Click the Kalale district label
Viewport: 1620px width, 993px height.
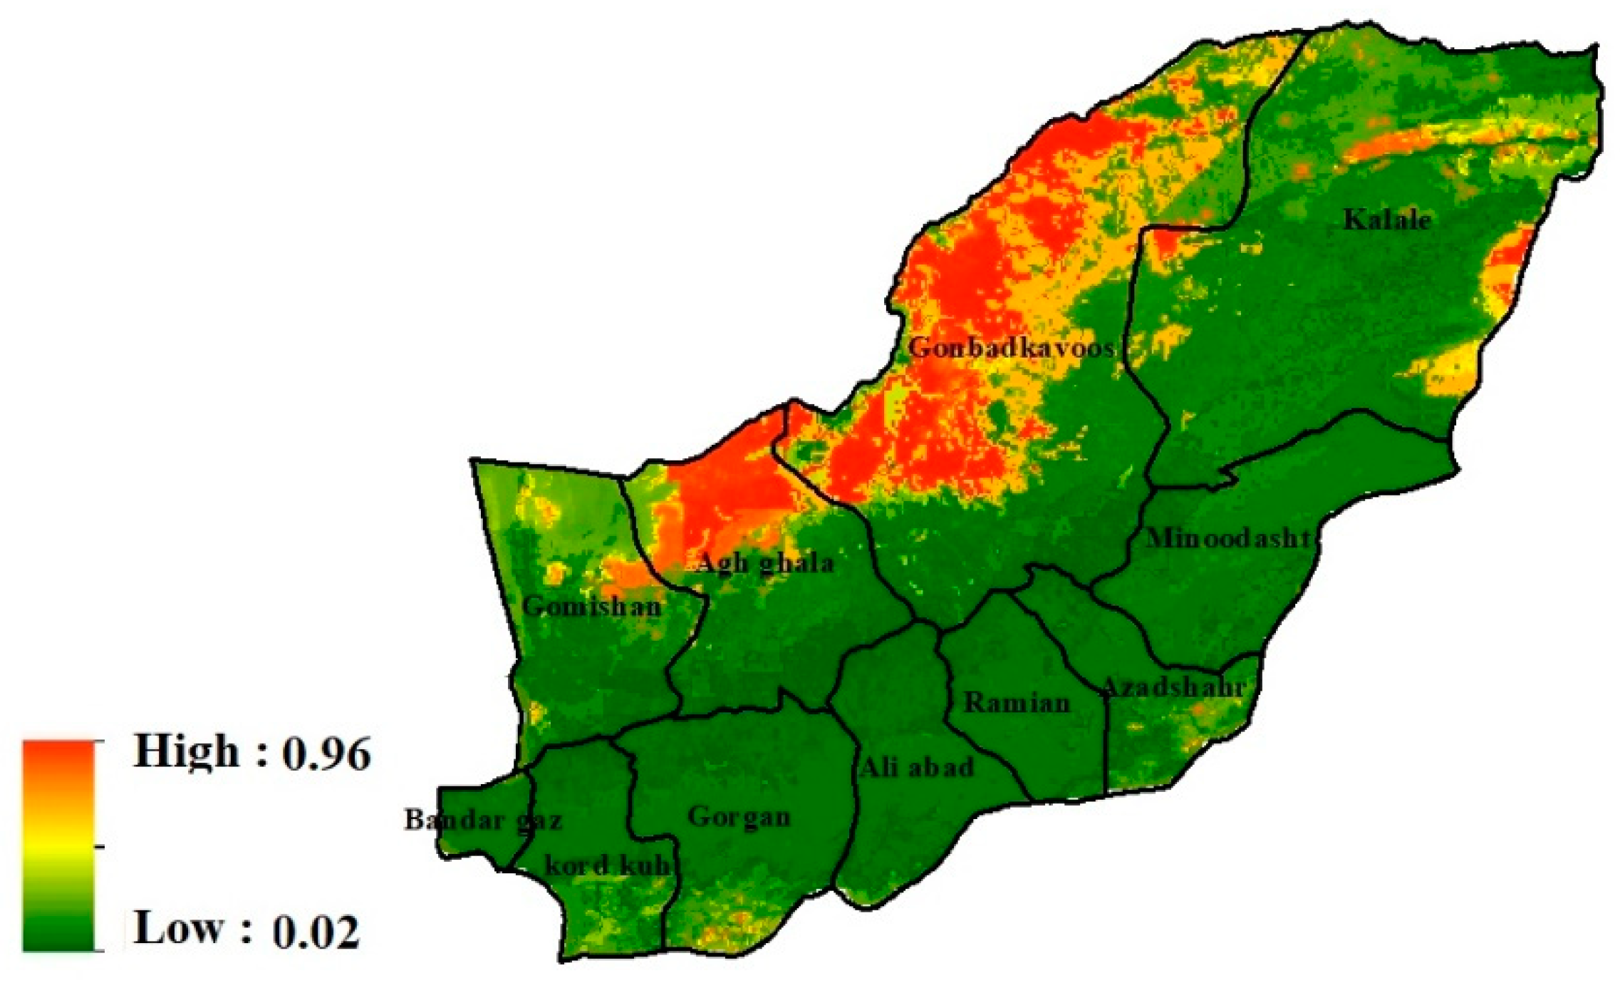click(1386, 220)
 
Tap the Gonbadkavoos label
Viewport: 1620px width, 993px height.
click(1011, 348)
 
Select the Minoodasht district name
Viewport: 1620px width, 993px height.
click(1228, 538)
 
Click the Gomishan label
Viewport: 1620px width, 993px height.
click(591, 607)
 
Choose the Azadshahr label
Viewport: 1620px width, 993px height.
click(1173, 687)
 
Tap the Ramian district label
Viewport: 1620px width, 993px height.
click(1017, 703)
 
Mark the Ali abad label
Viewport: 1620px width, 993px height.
click(916, 768)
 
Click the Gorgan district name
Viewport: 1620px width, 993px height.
click(739, 817)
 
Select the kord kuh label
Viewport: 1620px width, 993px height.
click(608, 865)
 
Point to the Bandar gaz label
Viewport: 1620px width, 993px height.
click(483, 820)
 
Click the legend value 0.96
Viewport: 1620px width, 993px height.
click(326, 754)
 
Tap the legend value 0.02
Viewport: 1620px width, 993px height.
click(316, 931)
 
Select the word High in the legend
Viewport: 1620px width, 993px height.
click(186, 753)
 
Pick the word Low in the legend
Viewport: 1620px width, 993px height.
click(177, 929)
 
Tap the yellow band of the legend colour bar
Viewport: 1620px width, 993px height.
click(58, 841)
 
